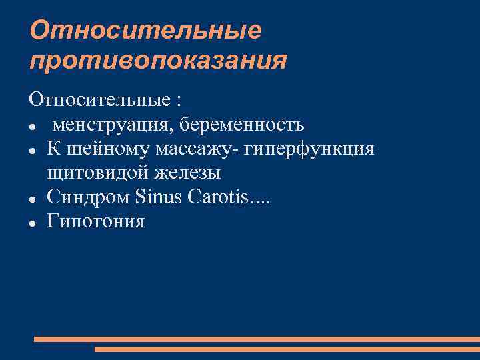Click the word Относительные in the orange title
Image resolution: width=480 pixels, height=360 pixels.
click(146, 31)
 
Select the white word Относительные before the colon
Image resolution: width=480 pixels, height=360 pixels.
click(99, 101)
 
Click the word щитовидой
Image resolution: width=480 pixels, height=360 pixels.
click(99, 173)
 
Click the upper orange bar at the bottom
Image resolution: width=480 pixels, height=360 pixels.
click(257, 339)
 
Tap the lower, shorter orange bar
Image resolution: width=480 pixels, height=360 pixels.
click(287, 349)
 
